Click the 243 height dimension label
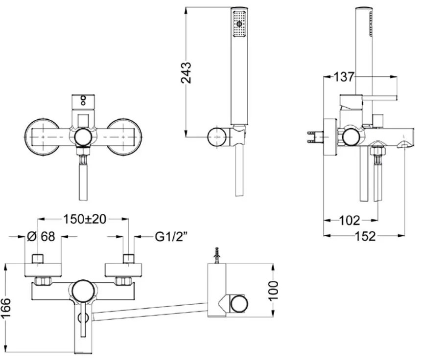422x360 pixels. pos(186,72)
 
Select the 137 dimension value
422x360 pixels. pos(344,77)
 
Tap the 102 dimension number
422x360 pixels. pos(350,221)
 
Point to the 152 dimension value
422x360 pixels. pos(365,236)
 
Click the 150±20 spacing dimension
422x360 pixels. pos(85,220)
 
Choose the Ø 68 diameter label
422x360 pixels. pos(41,237)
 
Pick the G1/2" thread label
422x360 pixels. pos(171,237)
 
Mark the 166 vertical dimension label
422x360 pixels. pos(6,308)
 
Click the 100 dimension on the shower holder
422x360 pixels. pos(274,292)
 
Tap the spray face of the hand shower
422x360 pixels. pos(239,23)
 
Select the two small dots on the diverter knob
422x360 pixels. pos(83,100)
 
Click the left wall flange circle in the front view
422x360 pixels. pos(42,137)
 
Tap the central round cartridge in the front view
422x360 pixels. pos(83,137)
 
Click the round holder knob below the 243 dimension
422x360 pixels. pos(217,137)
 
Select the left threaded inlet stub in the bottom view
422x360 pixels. pos(38,259)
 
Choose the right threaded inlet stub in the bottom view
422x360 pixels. pos(129,259)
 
